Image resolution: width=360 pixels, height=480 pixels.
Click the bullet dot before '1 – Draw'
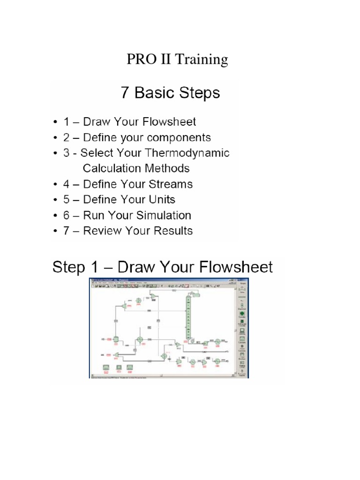[55, 122]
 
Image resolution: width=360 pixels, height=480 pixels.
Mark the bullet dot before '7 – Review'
[55, 231]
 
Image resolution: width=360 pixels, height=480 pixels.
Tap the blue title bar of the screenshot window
[164, 280]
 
